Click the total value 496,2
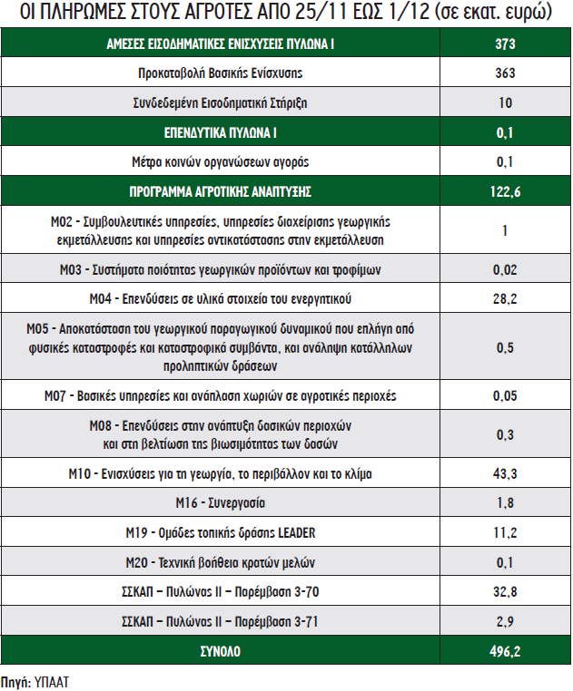pos(506,651)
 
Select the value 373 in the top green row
pos(506,44)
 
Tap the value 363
pos(506,73)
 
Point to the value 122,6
pos(506,192)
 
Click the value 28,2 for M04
pos(506,298)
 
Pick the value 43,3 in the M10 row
pos(506,474)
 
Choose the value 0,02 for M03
pos(506,269)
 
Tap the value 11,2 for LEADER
pos(506,532)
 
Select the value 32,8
pos(506,592)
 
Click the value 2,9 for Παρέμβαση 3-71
pos(506,621)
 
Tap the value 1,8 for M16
pos(506,503)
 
